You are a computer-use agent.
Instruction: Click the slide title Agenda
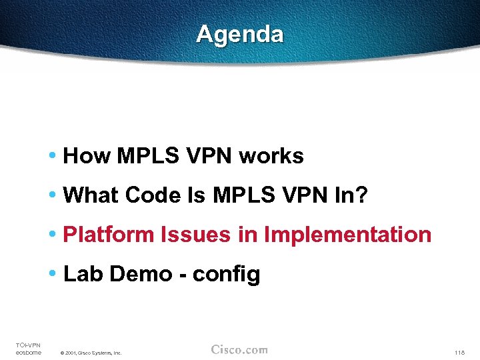coord(239,34)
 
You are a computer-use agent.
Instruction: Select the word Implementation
coord(348,235)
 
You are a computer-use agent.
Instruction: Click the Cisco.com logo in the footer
coord(239,349)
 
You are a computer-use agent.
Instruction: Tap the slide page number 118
coord(459,352)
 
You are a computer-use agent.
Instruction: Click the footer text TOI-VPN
coord(28,345)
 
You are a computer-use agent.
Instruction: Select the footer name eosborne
coord(28,352)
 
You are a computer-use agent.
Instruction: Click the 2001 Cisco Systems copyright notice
coord(91,353)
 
